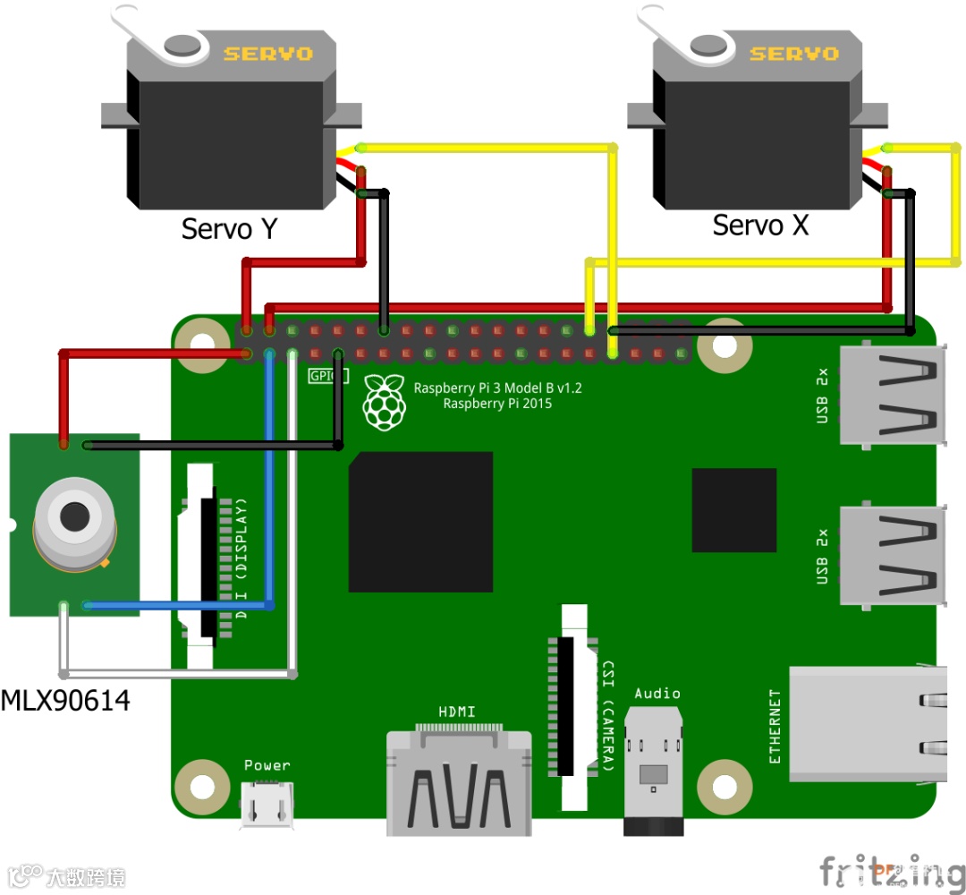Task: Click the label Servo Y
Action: [229, 229]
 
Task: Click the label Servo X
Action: [760, 226]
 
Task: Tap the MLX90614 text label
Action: [65, 700]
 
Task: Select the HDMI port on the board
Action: [458, 783]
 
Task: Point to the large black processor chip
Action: [420, 522]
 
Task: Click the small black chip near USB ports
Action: [733, 510]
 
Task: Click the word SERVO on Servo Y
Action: [268, 54]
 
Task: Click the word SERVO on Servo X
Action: [794, 54]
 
